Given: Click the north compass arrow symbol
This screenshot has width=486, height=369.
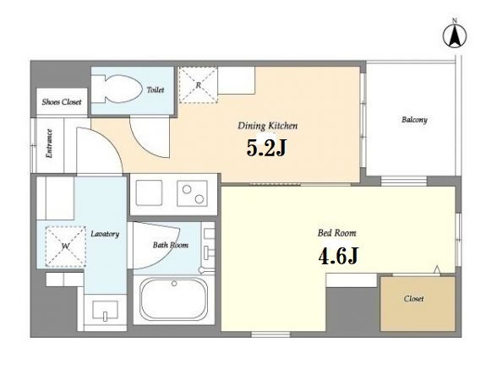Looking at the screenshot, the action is pyautogui.click(x=455, y=35).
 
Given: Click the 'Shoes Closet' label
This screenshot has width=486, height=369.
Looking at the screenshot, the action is pyautogui.click(x=62, y=102).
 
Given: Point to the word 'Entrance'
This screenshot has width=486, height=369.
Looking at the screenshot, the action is pyautogui.click(x=49, y=144).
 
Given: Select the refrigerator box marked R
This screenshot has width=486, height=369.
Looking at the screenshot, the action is pyautogui.click(x=198, y=84).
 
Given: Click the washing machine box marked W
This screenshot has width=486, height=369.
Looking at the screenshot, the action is pyautogui.click(x=65, y=247).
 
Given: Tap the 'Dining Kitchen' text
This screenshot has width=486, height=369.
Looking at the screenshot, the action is pyautogui.click(x=267, y=126).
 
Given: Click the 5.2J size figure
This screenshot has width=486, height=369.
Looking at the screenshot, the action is pyautogui.click(x=266, y=148).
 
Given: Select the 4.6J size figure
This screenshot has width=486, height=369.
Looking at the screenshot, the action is pyautogui.click(x=338, y=256).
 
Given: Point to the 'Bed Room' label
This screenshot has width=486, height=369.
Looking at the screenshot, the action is pyautogui.click(x=337, y=233).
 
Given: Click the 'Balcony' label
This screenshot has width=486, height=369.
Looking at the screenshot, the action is pyautogui.click(x=414, y=120).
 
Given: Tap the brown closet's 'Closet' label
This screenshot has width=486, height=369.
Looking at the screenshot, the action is pyautogui.click(x=413, y=299).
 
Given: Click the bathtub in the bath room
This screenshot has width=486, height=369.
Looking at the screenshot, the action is pyautogui.click(x=173, y=298).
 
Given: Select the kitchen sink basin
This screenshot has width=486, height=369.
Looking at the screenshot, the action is pyautogui.click(x=149, y=193).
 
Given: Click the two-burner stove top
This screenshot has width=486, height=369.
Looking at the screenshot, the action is pyautogui.click(x=192, y=193).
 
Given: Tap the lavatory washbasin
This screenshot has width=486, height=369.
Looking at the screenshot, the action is pyautogui.click(x=105, y=311).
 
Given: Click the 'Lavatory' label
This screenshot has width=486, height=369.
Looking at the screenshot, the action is pyautogui.click(x=105, y=234).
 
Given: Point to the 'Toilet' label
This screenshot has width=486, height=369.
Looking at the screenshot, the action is pyautogui.click(x=156, y=90).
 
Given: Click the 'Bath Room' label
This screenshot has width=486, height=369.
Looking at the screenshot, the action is pyautogui.click(x=171, y=245).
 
